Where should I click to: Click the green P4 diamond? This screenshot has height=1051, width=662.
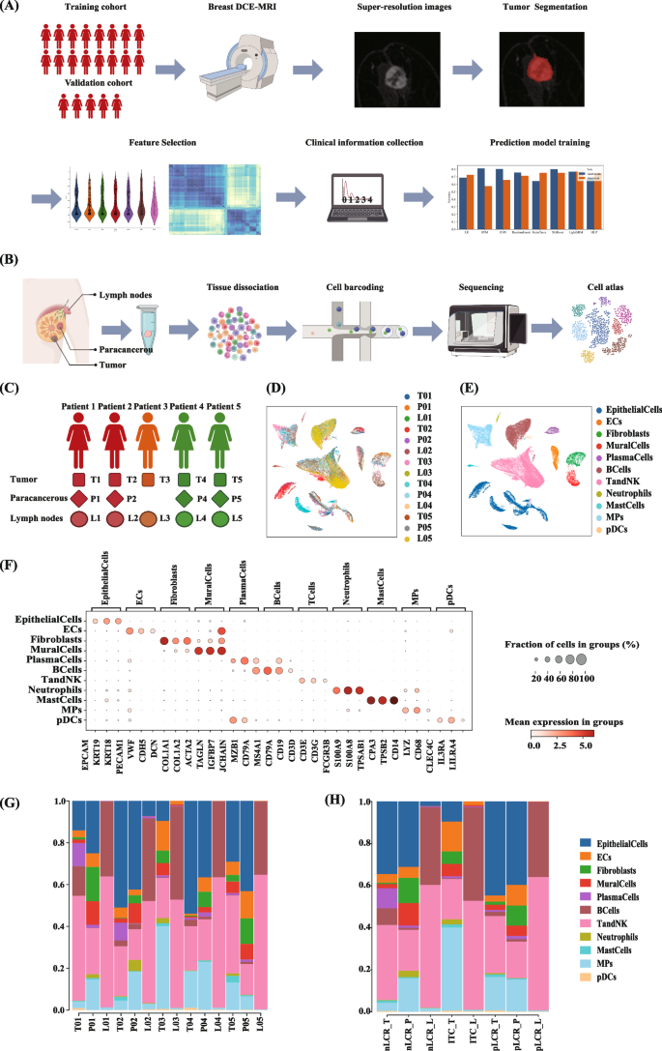click(181, 500)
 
